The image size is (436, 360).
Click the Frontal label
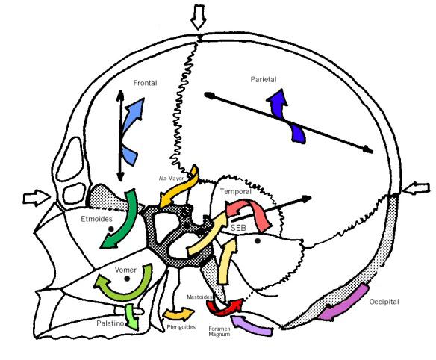coord(145,83)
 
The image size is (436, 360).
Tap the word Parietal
coord(264,80)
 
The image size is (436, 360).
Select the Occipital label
coord(384,302)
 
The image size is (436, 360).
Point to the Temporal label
coord(235,191)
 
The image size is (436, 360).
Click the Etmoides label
coord(97,219)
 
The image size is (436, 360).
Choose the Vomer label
coord(125,270)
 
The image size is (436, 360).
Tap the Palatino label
coord(110,323)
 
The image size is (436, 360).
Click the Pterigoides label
coord(181,327)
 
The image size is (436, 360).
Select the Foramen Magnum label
coord(219,332)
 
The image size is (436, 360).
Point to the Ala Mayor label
coord(171,179)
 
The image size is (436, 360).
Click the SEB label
coord(238,228)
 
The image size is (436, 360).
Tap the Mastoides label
coord(199,297)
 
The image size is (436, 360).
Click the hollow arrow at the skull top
coord(199,17)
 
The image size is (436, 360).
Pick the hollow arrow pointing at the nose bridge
coord(37,198)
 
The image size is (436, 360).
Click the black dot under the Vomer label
coord(127,279)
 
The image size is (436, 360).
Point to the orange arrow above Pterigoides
coord(178,314)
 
